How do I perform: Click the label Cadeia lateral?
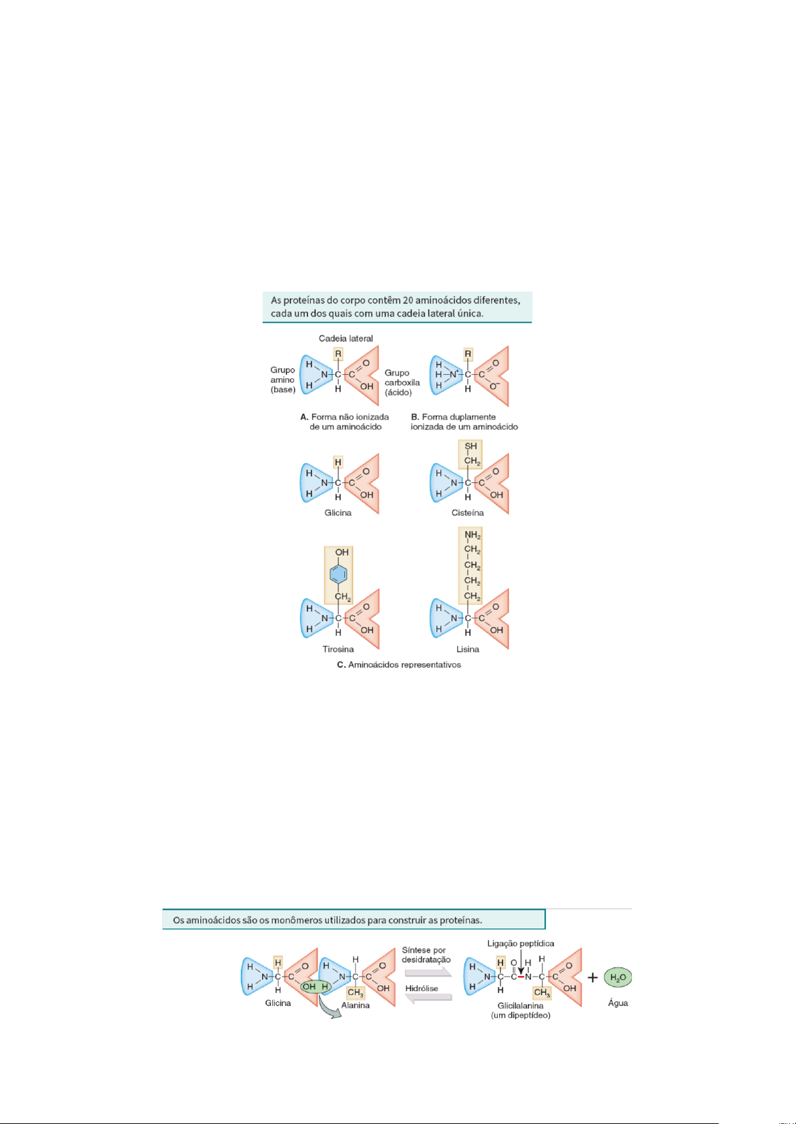346,338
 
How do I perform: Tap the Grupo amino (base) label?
283,380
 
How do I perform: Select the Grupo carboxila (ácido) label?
402,383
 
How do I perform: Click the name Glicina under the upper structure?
338,513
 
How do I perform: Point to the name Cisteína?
467,513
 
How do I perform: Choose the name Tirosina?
338,649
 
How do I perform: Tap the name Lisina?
468,649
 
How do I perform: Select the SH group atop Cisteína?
471,446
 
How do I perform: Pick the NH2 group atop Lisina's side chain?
472,535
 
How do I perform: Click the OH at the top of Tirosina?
342,552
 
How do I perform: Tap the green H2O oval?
617,978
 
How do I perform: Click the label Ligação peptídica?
520,943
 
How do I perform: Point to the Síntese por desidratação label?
426,955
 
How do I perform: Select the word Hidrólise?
422,989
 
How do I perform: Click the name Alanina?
355,1005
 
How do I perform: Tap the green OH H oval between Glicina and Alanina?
316,987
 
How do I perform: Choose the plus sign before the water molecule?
592,978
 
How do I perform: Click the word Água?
618,1003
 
